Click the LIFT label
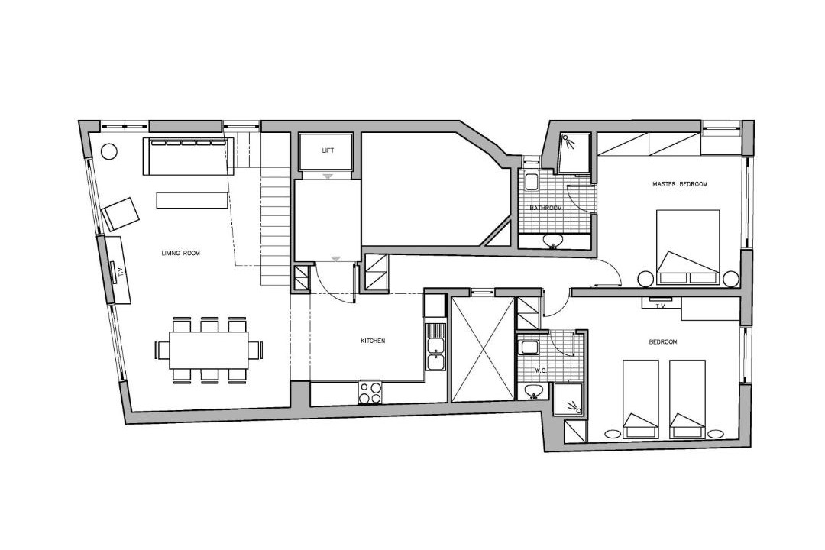328,150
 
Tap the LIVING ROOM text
180,253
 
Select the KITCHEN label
373,341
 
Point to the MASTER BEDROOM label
679,184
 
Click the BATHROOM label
545,208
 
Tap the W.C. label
541,370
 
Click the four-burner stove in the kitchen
370,392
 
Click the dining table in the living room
209,349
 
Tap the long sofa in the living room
188,157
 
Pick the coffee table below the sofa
192,201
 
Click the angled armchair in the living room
121,214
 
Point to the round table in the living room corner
109,151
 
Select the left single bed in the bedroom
640,399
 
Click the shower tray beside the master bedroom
574,153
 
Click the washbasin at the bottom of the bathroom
553,241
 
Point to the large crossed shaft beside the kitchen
483,349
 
